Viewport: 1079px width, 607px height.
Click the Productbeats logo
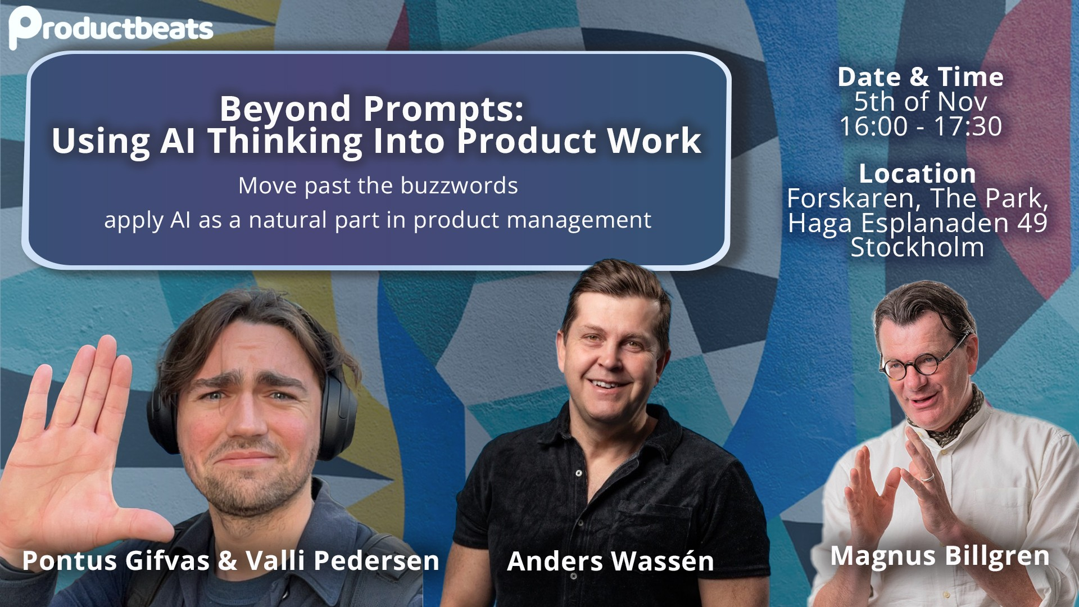pyautogui.click(x=111, y=27)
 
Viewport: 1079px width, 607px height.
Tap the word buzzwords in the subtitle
pyautogui.click(x=459, y=185)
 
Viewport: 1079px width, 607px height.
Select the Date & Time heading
pyautogui.click(x=921, y=77)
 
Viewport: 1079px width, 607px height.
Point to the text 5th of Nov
pyautogui.click(x=921, y=102)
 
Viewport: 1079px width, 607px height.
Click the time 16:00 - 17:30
pyautogui.click(x=921, y=126)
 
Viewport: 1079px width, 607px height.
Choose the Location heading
pyautogui.click(x=917, y=174)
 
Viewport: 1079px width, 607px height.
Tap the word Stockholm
pyautogui.click(x=917, y=247)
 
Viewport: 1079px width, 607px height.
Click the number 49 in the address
pyautogui.click(x=1032, y=223)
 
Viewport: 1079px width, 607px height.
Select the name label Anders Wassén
pyautogui.click(x=610, y=561)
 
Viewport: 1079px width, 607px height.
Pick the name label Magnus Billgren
pyautogui.click(x=940, y=556)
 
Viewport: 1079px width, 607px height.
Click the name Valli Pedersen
pyautogui.click(x=343, y=560)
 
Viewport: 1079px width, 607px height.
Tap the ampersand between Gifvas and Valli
pyautogui.click(x=228, y=561)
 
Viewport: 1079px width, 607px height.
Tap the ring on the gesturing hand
pyautogui.click(x=928, y=478)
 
